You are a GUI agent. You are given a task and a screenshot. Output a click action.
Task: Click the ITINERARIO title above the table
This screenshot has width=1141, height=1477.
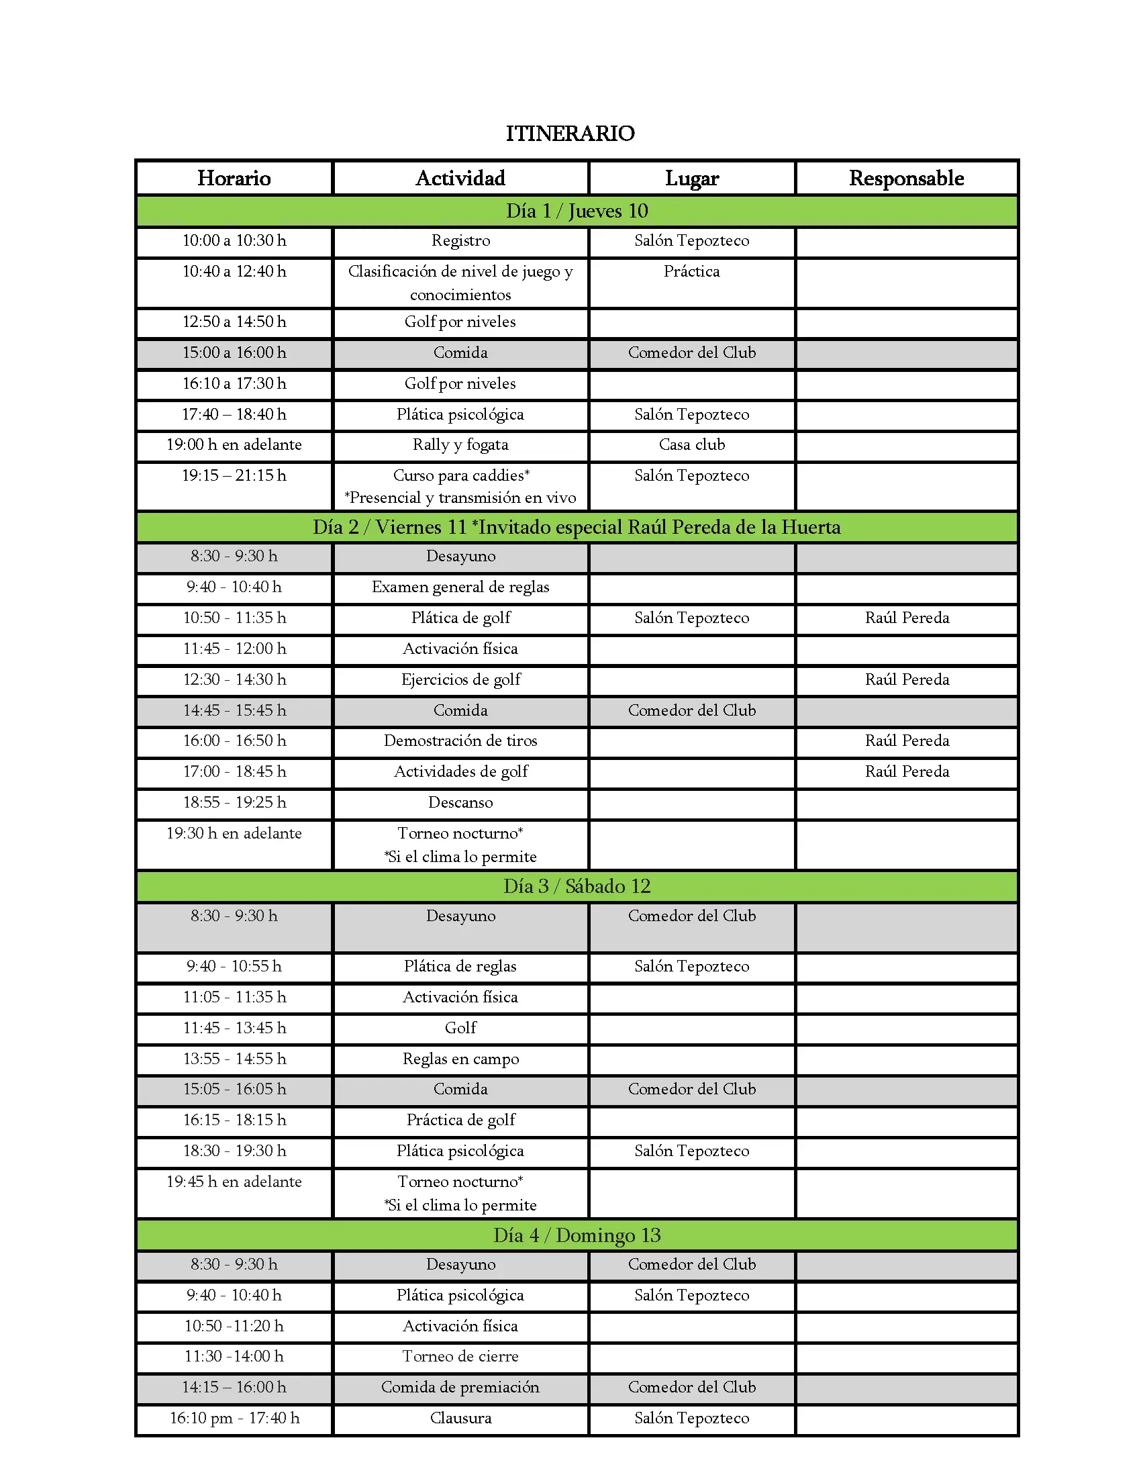coord(570,133)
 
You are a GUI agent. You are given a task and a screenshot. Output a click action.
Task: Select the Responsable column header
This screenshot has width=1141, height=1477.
coord(906,178)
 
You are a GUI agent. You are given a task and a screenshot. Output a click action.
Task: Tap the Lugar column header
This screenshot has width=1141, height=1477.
coord(691,178)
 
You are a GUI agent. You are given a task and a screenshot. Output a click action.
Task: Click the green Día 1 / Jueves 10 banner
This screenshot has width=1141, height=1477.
coord(577,211)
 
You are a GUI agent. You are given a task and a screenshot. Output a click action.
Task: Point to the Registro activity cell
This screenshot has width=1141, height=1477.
coord(460,241)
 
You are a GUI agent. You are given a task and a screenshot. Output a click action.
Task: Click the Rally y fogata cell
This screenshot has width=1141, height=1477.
coord(460,445)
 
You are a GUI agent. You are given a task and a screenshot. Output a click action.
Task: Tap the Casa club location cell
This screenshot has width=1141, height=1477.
coord(691,445)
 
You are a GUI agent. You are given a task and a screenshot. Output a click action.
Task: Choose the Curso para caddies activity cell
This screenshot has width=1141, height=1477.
coord(460,485)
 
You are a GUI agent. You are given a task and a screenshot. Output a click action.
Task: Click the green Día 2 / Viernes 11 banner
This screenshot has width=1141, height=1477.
coord(577,527)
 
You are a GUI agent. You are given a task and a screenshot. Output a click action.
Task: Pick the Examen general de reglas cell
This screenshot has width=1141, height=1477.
coord(460,587)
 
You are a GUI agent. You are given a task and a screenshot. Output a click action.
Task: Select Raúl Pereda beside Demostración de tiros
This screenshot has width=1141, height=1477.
coord(907,741)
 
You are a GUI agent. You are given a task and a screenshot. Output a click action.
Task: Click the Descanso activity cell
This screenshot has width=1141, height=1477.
coord(460,803)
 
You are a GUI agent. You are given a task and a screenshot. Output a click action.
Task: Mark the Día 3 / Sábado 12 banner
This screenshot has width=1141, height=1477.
coord(577,886)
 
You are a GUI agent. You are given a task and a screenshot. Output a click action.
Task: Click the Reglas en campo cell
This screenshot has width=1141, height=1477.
coord(460,1059)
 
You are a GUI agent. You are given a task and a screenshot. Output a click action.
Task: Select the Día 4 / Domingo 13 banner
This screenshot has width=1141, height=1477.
coord(577,1235)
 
